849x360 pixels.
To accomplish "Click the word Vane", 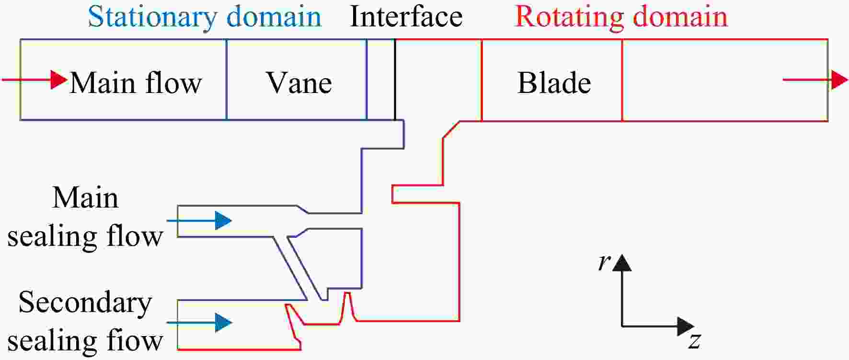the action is point(299,82).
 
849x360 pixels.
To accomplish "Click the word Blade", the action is point(554,82).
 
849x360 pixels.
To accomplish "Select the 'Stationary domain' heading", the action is point(205,16).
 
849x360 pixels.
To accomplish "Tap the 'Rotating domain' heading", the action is point(621,16).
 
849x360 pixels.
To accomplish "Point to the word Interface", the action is point(406,16).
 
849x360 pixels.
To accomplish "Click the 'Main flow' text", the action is point(136,82).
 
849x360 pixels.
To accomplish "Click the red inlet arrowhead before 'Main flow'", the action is point(59,79).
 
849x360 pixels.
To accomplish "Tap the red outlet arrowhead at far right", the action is point(839,79).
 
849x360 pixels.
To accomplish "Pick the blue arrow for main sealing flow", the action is point(199,221).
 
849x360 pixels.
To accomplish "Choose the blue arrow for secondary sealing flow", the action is point(199,323).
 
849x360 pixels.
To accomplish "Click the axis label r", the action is point(604,262).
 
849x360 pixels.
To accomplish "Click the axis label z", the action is point(695,341).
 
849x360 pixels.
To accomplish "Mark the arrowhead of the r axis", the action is point(622,263).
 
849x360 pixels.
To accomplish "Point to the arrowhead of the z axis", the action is point(686,326).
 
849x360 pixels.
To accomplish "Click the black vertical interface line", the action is point(395,80).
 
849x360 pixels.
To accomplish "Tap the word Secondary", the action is point(85,302).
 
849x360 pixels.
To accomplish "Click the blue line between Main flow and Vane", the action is point(226,80).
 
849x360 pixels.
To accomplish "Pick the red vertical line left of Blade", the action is point(482,80).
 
